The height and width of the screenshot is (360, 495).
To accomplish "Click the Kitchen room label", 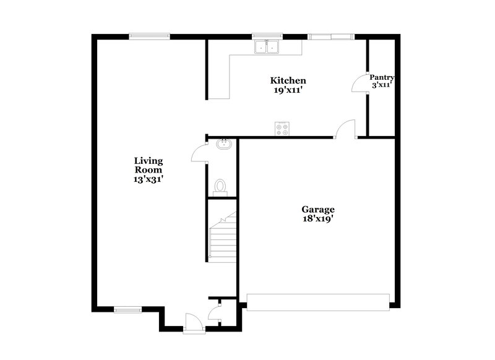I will [288, 80].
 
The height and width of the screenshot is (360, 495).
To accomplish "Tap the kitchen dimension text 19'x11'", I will [288, 90].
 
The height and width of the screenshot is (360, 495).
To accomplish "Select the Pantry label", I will [382, 77].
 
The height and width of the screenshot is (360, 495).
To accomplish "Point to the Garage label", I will [318, 209].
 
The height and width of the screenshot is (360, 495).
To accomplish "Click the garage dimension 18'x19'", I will [318, 218].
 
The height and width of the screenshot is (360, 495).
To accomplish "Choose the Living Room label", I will [148, 165].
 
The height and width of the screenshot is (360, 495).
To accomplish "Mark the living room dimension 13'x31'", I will [148, 179].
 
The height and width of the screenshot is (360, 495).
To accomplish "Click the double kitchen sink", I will [267, 47].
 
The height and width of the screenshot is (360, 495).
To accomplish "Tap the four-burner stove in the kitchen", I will [282, 128].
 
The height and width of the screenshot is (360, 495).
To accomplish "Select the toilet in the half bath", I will [220, 186].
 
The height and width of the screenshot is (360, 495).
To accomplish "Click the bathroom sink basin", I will [223, 145].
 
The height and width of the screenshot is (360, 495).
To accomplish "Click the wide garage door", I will [318, 301].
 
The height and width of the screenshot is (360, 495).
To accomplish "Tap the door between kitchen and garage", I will [345, 131].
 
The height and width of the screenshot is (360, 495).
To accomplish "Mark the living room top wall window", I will [150, 36].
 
